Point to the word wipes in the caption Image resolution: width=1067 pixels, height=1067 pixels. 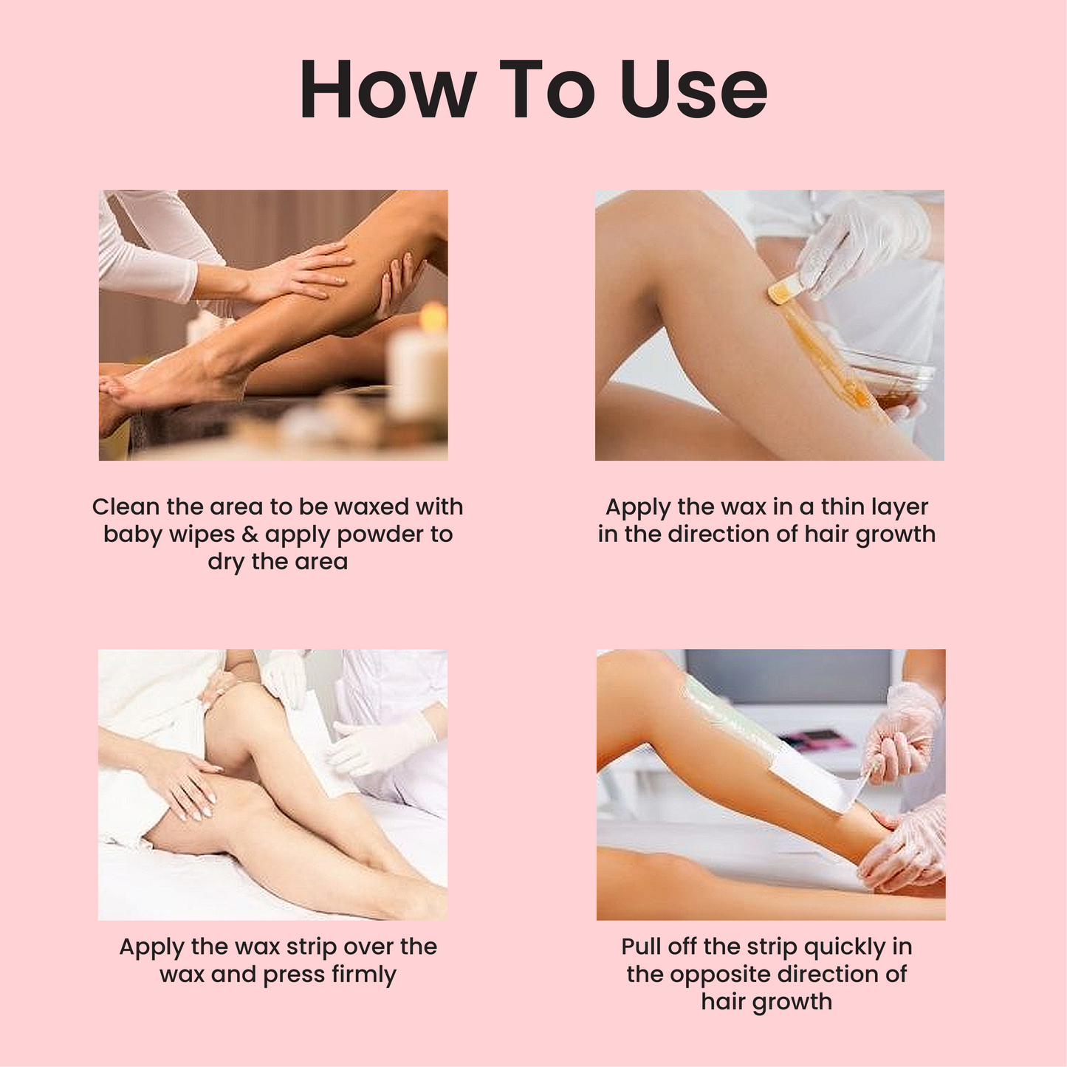click(204, 535)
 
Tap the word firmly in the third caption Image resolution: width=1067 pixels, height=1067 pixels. click(363, 975)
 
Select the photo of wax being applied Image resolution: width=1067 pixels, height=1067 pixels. click(769, 325)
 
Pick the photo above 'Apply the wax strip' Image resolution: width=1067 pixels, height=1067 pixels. click(272, 784)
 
